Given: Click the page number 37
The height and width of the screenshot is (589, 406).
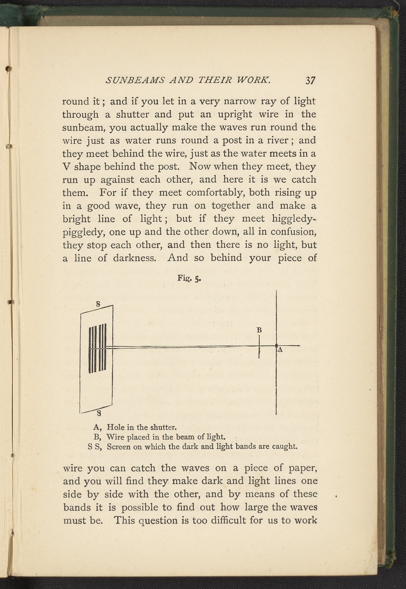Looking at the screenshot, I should point(310,81).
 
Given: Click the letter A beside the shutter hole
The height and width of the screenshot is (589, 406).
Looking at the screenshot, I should point(280,350).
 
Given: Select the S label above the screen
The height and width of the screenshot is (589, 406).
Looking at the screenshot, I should point(98,304).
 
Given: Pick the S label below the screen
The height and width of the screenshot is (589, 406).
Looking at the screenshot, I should point(99,414).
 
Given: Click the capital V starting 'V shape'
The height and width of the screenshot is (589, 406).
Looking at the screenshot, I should point(66,167).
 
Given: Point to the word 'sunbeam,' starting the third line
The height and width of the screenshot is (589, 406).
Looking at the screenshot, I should point(84,128).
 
